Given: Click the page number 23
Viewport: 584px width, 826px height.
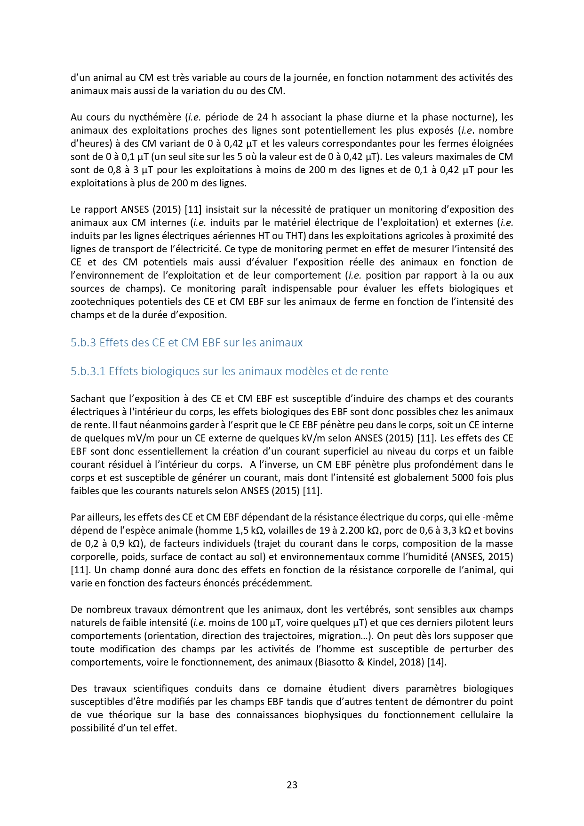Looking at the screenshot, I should coord(292,785).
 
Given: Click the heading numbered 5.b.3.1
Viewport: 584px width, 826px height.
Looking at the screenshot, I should coord(229,371).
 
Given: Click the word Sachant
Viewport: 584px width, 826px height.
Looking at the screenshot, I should coord(89,399).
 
